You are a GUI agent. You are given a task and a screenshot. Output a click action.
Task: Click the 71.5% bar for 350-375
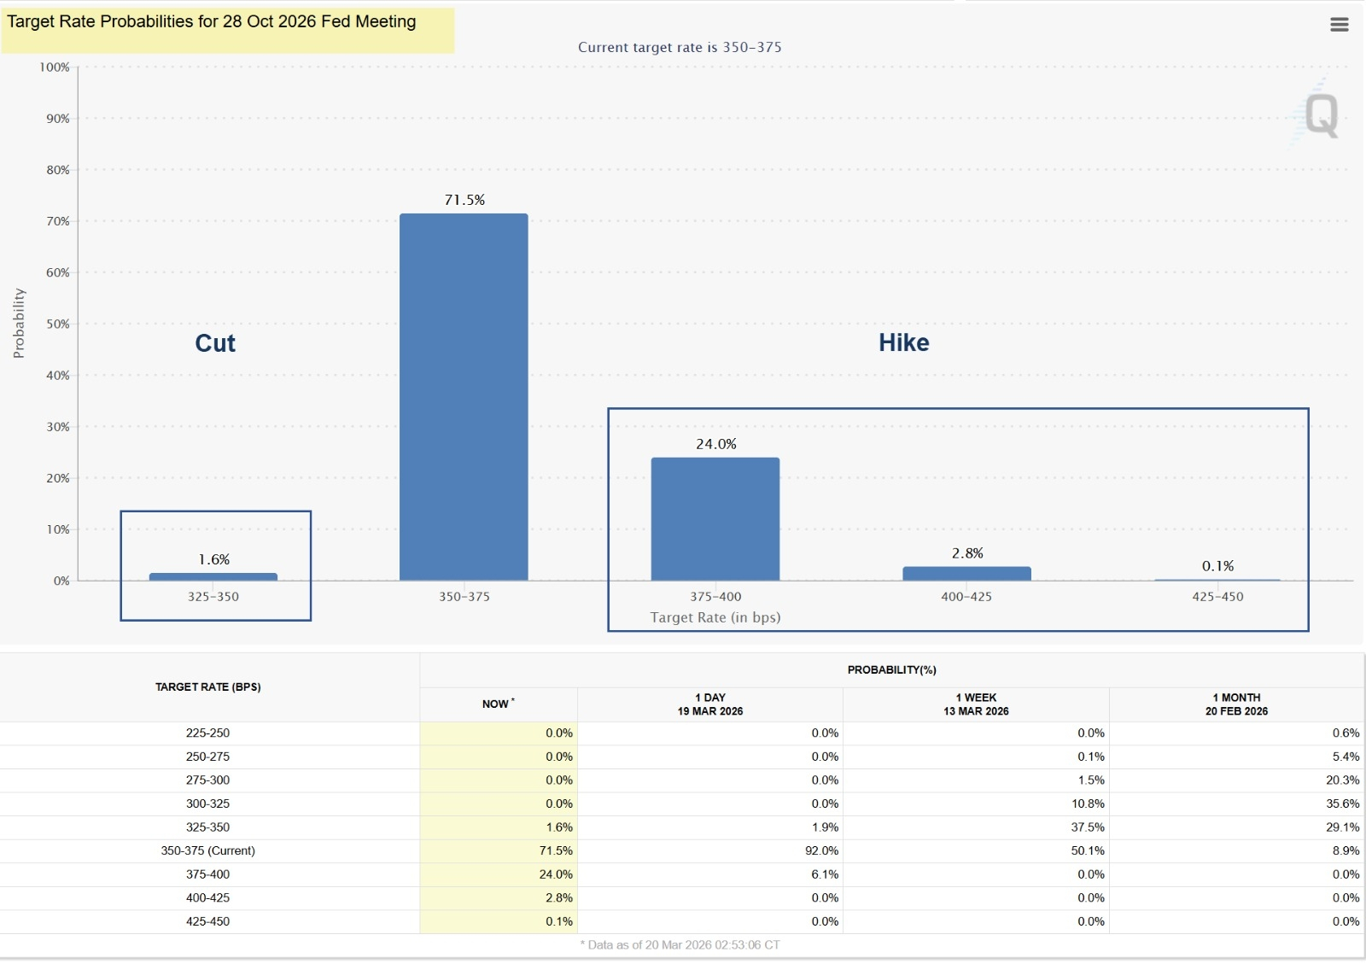click(x=464, y=397)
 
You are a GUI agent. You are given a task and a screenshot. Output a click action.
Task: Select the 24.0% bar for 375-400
click(x=715, y=519)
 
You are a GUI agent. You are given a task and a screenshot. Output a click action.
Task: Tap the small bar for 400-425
click(x=966, y=574)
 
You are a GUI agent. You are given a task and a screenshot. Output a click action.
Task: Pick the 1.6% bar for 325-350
click(x=213, y=577)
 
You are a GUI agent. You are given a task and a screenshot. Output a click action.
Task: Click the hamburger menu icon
click(x=1340, y=25)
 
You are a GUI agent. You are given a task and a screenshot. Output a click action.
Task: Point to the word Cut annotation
click(x=215, y=343)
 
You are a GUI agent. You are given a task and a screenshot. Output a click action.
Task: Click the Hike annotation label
click(x=904, y=343)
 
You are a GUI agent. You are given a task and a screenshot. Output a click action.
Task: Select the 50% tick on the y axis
click(x=58, y=324)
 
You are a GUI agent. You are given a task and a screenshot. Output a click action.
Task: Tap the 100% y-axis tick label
click(x=55, y=67)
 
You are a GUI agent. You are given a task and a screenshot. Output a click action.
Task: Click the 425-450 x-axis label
click(x=1217, y=597)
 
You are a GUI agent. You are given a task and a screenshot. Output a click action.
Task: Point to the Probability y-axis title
click(x=19, y=323)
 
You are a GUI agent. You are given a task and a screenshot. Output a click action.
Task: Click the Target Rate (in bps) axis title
click(x=715, y=617)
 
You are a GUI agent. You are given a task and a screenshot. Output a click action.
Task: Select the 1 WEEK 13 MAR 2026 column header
click(x=976, y=704)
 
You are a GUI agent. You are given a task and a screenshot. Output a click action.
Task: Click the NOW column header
click(x=498, y=704)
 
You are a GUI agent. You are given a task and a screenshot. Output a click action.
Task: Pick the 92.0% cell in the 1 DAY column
click(x=821, y=851)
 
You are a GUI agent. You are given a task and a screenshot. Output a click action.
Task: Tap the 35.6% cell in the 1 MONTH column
click(x=1342, y=804)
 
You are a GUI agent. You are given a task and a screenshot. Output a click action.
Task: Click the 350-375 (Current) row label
click(x=208, y=851)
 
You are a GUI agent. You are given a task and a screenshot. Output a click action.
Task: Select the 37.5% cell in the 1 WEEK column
click(x=1088, y=827)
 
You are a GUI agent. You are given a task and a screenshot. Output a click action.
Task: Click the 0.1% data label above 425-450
click(x=1217, y=566)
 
